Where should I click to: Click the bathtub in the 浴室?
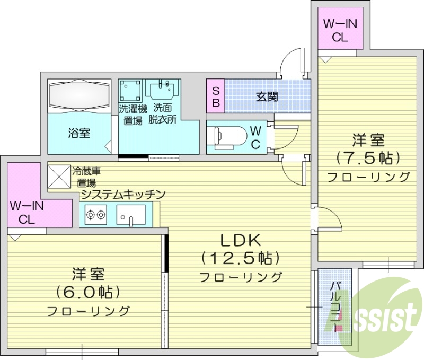point(79,96)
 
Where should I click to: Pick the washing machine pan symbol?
point(130,92)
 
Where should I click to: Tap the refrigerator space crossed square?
point(58,176)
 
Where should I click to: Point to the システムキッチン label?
point(123,195)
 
